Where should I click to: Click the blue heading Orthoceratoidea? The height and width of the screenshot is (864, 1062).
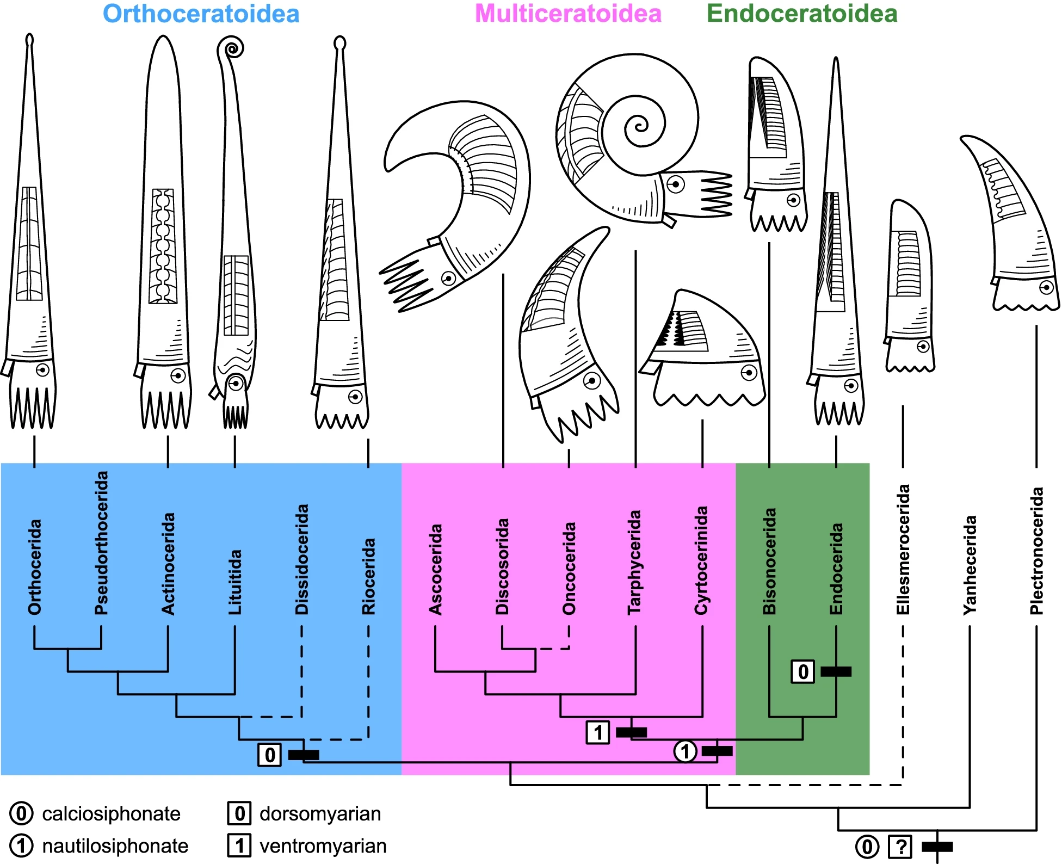point(201,14)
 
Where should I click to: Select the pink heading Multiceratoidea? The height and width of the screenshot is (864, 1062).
point(568,14)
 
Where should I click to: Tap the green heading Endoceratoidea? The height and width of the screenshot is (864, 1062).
point(801,14)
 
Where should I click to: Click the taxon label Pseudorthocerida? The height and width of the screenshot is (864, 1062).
point(101,543)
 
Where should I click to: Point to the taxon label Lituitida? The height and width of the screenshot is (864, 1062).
point(234,582)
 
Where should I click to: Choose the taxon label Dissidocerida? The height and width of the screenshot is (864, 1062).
point(301,559)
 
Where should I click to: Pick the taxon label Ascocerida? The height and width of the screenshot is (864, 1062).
point(435,569)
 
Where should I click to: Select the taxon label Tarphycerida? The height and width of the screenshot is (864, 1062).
point(635,562)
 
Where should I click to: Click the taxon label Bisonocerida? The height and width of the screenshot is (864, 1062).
point(769,561)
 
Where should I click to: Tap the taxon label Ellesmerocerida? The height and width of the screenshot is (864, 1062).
point(903,550)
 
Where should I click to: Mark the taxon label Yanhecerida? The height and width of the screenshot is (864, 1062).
point(970,565)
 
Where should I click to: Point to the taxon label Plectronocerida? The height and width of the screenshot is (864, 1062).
point(1036,551)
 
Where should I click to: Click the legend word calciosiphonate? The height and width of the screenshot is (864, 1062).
point(111,814)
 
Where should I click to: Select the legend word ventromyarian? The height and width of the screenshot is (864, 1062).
point(323,846)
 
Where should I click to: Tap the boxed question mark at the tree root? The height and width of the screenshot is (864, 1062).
point(900,847)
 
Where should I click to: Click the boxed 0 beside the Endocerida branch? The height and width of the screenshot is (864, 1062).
point(802,672)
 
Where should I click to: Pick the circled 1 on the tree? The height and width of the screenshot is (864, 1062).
point(685,751)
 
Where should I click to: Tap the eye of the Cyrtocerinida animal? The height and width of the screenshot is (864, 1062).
point(749,373)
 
